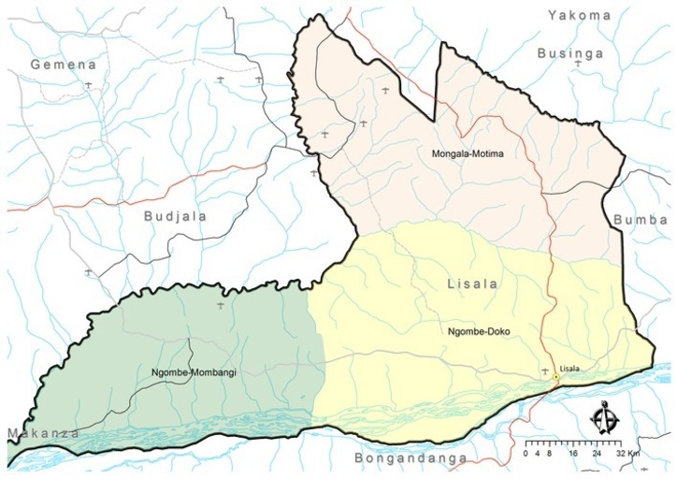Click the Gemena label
pyautogui.click(x=64, y=65)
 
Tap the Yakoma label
pyautogui.click(x=579, y=15)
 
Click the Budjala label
pyautogui.click(x=175, y=215)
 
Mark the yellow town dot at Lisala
pyautogui.click(x=555, y=378)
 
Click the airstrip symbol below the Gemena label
pyautogui.click(x=88, y=85)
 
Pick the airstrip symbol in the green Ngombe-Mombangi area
pyautogui.click(x=221, y=306)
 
